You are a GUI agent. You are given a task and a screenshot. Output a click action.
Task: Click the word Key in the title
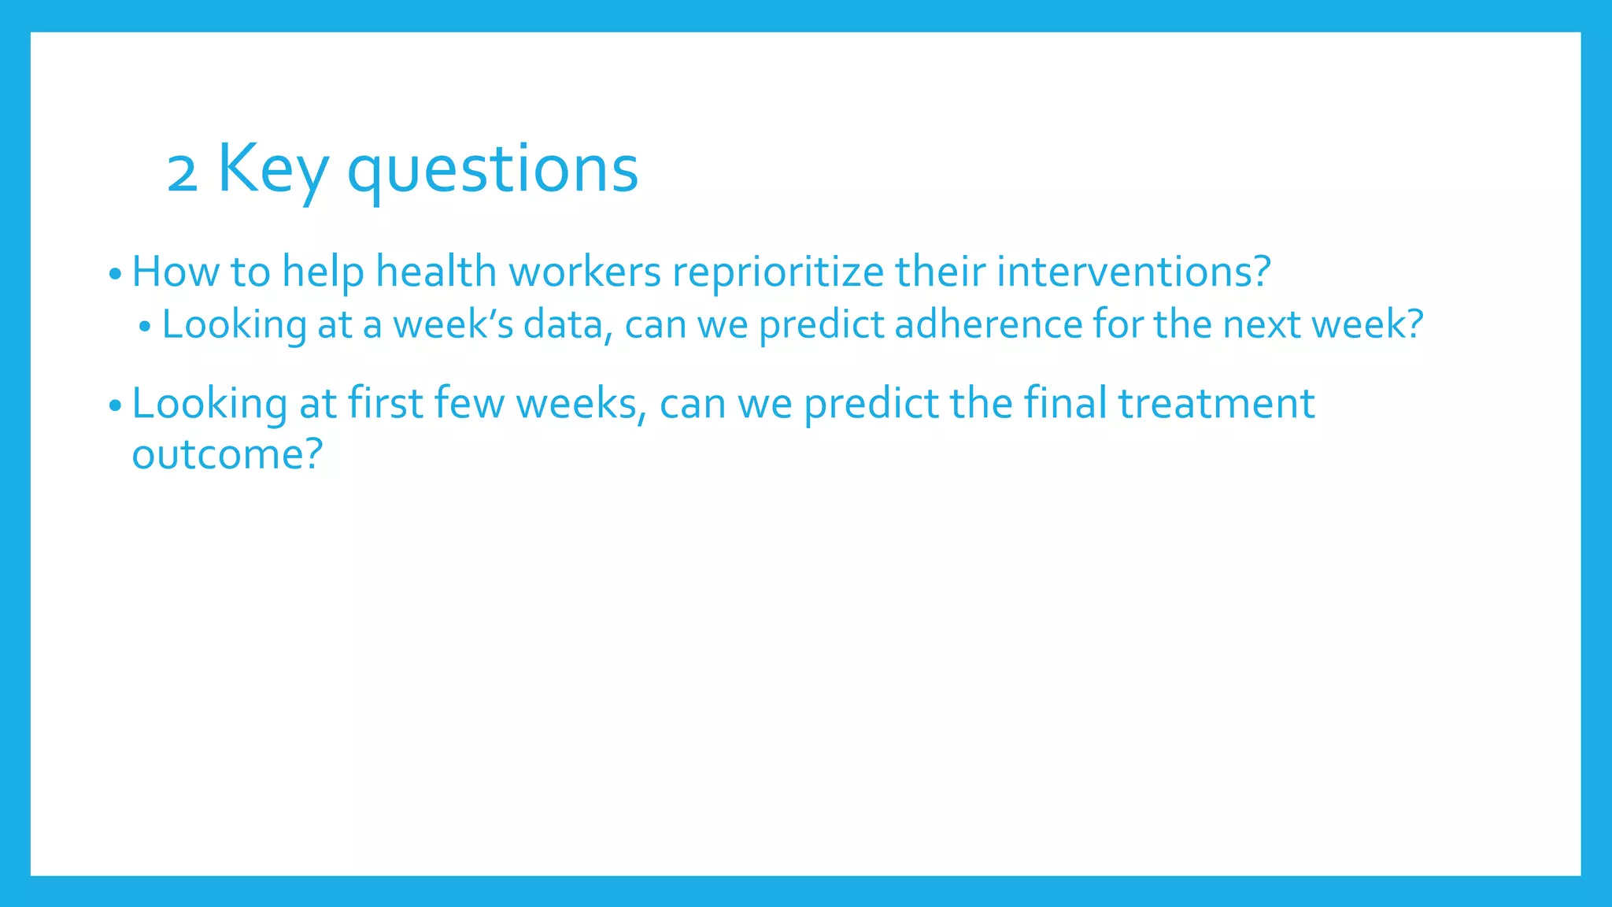coord(272,169)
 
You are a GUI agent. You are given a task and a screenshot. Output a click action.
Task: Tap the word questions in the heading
coord(493,171)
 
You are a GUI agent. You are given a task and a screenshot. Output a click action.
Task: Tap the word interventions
coord(1133,272)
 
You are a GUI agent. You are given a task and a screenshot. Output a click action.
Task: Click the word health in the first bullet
coord(436,272)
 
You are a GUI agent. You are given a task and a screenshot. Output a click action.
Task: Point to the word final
coord(1065,404)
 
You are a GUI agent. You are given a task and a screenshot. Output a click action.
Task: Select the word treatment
coord(1216,404)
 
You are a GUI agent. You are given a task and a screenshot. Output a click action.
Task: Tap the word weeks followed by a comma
coord(581,404)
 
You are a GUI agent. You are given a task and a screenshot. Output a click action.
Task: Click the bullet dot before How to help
coord(115,276)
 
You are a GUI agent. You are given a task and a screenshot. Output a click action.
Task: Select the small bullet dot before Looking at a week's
coord(144,328)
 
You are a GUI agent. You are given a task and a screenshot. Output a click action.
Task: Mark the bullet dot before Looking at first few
coord(115,407)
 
